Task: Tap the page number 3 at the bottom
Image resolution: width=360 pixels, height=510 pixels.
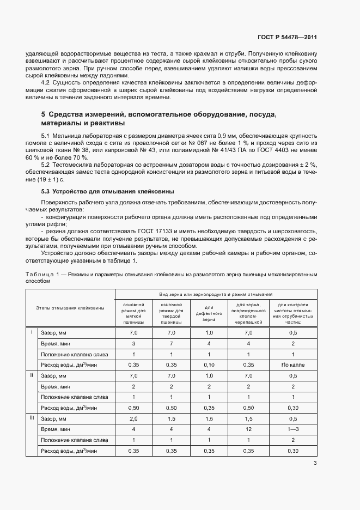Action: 315,464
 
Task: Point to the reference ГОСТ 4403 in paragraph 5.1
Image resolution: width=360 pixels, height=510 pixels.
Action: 277,149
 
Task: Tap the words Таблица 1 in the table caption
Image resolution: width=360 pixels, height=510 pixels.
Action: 40,275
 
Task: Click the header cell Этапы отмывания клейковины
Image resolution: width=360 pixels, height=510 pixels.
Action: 70,308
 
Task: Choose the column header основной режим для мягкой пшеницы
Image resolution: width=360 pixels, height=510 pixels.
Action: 133,313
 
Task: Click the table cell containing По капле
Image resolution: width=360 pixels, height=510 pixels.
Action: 292,365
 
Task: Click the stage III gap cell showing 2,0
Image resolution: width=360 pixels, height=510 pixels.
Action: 133,418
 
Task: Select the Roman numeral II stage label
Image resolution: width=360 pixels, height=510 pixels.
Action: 32,375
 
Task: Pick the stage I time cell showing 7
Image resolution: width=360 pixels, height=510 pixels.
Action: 172,344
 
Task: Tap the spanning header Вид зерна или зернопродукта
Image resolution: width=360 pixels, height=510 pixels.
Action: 216,293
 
